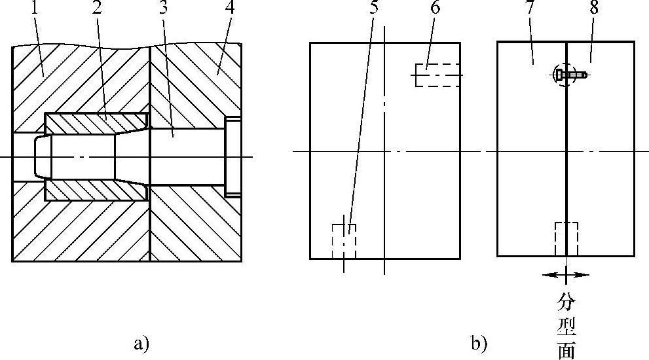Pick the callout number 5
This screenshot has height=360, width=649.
point(373,10)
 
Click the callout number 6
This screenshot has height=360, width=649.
point(436,10)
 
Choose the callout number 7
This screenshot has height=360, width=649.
point(531,10)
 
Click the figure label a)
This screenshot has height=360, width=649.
point(141,342)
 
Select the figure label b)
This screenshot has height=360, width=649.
point(479,342)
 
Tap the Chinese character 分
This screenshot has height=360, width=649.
point(566,302)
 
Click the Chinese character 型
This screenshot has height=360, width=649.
point(566,327)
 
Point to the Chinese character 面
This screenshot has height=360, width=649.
point(566,350)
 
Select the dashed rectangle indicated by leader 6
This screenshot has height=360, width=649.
point(437,75)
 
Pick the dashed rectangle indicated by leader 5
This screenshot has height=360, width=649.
point(344,241)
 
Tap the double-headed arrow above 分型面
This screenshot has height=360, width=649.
point(566,275)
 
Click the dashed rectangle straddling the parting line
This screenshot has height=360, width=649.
point(566,238)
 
